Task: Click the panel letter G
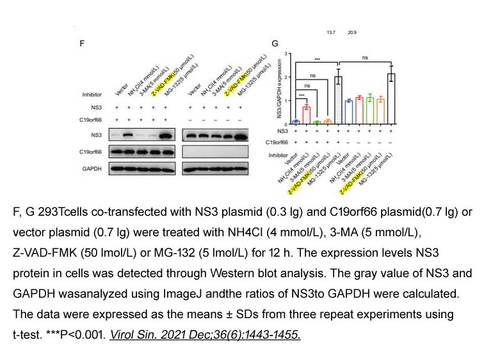[275, 44]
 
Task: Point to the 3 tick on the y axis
[288, 56]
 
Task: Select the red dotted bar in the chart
[307, 114]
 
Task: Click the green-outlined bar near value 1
[369, 109]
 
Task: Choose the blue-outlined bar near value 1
[348, 111]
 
